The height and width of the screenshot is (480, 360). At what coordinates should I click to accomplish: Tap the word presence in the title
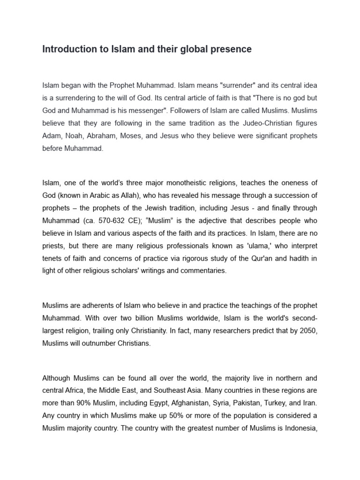point(231,49)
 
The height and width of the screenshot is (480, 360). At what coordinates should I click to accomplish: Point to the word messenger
point(157,111)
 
